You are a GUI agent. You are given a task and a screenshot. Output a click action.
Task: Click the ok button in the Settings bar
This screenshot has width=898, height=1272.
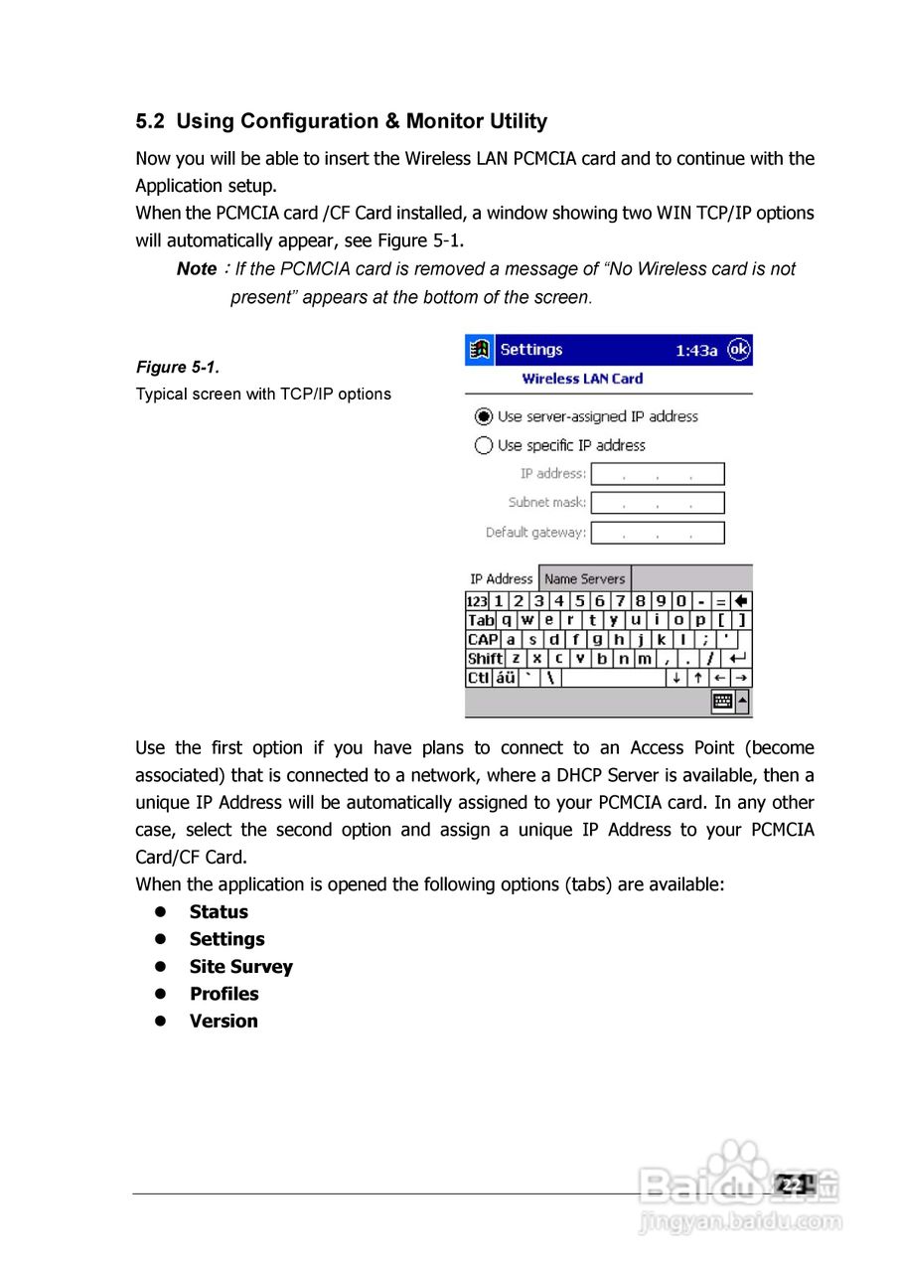[738, 350]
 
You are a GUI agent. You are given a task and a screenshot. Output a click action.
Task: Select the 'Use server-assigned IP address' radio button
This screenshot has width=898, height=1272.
[484, 416]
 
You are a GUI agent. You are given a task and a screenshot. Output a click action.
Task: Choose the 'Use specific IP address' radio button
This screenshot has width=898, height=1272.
[484, 445]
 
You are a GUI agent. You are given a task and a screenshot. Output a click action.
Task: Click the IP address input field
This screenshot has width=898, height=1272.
[658, 474]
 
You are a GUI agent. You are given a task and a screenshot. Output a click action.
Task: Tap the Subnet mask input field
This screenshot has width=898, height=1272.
[658, 503]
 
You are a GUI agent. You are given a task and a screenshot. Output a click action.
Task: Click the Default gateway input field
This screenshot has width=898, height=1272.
[658, 533]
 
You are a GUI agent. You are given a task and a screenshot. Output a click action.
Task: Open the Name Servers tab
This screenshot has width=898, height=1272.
[584, 578]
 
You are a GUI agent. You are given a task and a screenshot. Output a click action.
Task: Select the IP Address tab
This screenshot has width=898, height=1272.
[502, 578]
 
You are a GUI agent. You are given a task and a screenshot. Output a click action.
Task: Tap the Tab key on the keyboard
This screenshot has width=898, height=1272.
[481, 620]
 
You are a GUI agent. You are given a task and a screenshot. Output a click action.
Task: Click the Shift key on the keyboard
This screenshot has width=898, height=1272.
[485, 659]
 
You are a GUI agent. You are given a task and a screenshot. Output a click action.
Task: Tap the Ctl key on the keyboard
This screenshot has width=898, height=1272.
[479, 678]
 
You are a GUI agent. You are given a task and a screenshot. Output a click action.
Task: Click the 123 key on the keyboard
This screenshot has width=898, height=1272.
[477, 601]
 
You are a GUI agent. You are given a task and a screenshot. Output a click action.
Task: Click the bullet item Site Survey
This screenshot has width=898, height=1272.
[240, 967]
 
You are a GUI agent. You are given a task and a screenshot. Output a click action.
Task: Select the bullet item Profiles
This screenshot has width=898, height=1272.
[224, 994]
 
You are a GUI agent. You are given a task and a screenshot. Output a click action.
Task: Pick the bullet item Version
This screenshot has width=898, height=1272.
[224, 1021]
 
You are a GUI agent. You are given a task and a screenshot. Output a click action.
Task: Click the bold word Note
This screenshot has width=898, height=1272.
[197, 269]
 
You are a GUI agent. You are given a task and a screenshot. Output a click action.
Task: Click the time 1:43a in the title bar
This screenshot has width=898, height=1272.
[696, 351]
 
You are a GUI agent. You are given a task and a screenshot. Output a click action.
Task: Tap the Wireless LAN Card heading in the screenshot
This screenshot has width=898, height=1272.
[582, 379]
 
